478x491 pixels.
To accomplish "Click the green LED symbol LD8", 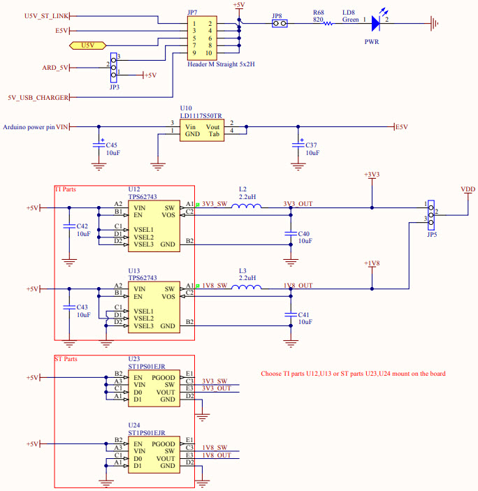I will [376, 24].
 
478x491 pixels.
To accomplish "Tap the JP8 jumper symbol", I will [278, 24].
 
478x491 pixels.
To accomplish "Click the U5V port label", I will [87, 45].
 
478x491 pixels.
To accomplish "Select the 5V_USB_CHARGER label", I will [38, 98].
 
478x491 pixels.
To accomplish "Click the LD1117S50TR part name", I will [201, 116].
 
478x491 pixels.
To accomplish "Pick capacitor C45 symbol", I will [97, 145].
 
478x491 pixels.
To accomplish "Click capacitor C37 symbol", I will [298, 145].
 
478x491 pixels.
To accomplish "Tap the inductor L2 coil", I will [249, 207].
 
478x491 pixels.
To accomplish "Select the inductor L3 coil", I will [249, 288].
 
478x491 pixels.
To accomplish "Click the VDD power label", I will [468, 189].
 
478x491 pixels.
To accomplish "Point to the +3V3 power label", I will [372, 175].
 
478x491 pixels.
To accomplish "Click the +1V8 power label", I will [372, 263].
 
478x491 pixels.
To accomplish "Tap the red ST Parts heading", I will [66, 359].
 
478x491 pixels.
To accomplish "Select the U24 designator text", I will [134, 425].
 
